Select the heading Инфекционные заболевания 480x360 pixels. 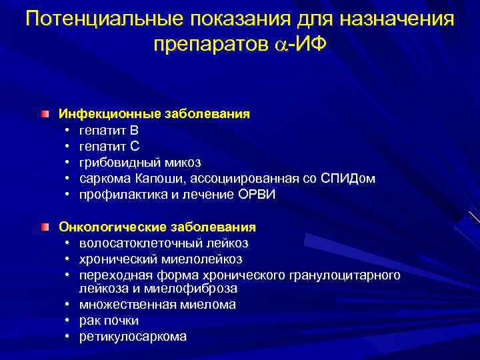(154, 113)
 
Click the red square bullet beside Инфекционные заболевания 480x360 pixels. (44, 114)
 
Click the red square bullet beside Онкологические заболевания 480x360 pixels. (44, 227)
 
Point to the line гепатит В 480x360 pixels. (109, 129)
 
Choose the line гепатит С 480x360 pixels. (109, 145)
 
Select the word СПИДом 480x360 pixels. (348, 178)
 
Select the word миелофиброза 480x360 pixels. (203, 289)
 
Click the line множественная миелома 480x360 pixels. (157, 305)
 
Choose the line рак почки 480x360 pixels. (109, 321)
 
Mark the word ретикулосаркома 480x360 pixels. (133, 337)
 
